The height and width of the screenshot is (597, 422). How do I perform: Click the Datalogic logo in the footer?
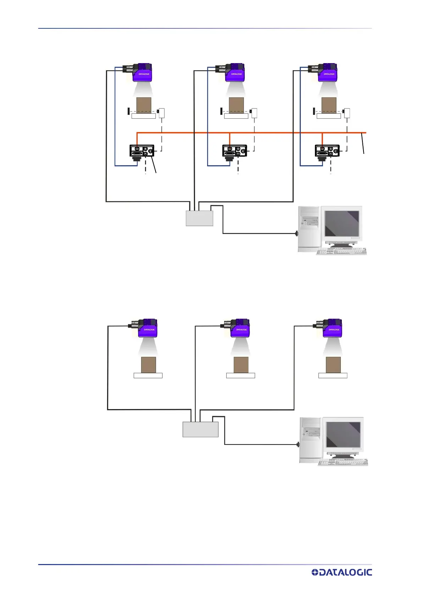(x=342, y=572)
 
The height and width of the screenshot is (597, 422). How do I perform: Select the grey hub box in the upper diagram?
(x=199, y=218)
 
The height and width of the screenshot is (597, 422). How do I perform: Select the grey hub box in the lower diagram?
(x=200, y=429)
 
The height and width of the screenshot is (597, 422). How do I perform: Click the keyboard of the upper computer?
(x=341, y=251)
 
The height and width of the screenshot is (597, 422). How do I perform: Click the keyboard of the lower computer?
(x=342, y=462)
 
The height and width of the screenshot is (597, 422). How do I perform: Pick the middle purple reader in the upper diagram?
(x=235, y=73)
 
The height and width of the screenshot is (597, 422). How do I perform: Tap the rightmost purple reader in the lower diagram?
(x=332, y=328)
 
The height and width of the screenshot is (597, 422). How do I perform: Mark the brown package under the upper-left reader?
(x=144, y=105)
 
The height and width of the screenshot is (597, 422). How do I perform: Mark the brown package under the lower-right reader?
(x=333, y=365)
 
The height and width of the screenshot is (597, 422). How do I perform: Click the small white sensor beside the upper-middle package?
(x=254, y=113)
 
